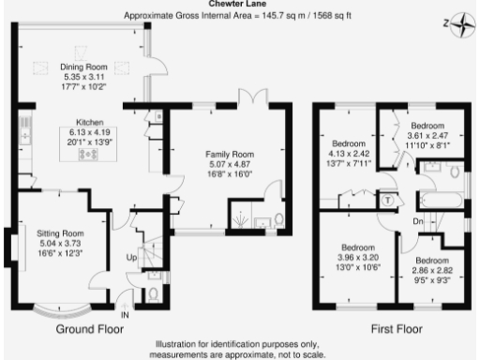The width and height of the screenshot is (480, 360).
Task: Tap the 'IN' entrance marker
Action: click(x=125, y=315)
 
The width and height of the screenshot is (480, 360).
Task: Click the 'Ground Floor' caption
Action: click(x=90, y=330)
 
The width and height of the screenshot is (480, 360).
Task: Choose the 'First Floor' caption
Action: click(x=396, y=330)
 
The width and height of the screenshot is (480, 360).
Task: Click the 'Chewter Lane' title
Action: click(x=240, y=4)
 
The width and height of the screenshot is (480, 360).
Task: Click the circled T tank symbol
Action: click(x=388, y=199)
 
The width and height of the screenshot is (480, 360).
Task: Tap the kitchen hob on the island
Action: click(x=91, y=154)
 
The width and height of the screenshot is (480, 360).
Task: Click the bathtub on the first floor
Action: click(x=440, y=201)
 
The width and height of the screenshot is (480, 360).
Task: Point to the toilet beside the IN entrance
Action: click(x=153, y=293)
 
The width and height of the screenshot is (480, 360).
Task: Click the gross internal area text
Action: click(x=239, y=16)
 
